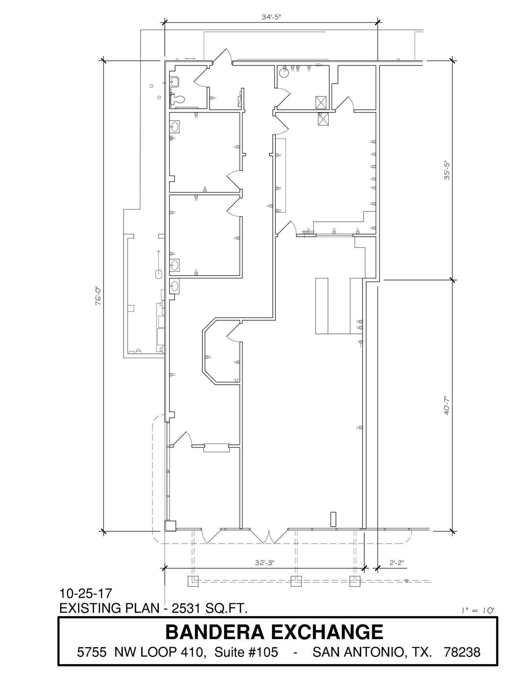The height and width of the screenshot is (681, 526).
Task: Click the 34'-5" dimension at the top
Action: tap(271, 17)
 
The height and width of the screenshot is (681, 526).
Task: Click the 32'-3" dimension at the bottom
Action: tap(264, 563)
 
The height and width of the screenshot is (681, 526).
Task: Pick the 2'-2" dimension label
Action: tap(396, 563)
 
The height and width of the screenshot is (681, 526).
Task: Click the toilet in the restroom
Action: tap(177, 99)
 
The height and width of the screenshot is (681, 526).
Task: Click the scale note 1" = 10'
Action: tap(478, 611)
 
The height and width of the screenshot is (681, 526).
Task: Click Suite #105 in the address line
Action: tap(246, 652)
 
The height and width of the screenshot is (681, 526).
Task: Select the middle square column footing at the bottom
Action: tap(296, 581)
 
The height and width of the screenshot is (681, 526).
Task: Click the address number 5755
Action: tap(92, 652)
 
